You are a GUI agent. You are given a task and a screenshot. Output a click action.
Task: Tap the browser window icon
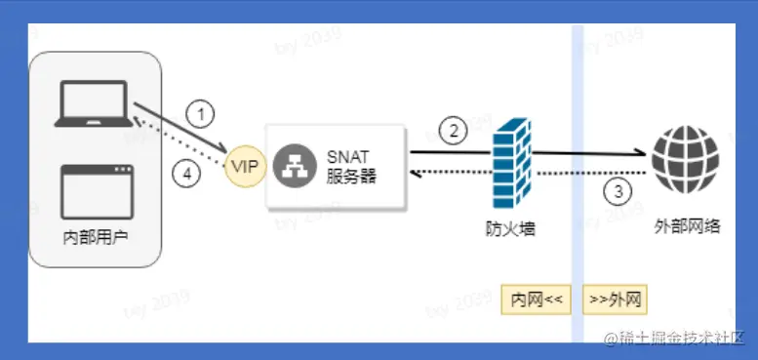click(x=96, y=189)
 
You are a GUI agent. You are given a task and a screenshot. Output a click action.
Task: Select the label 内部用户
click(x=96, y=239)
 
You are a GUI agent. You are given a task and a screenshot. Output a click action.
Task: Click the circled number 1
click(x=199, y=115)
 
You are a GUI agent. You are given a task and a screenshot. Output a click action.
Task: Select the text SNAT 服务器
click(x=351, y=166)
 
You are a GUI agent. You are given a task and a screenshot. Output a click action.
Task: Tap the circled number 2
click(x=452, y=129)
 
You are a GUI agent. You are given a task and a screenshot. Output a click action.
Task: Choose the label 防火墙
click(x=510, y=228)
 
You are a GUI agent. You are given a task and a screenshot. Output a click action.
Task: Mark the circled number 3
click(x=617, y=190)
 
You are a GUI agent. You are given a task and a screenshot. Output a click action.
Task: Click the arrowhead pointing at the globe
click(x=642, y=153)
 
